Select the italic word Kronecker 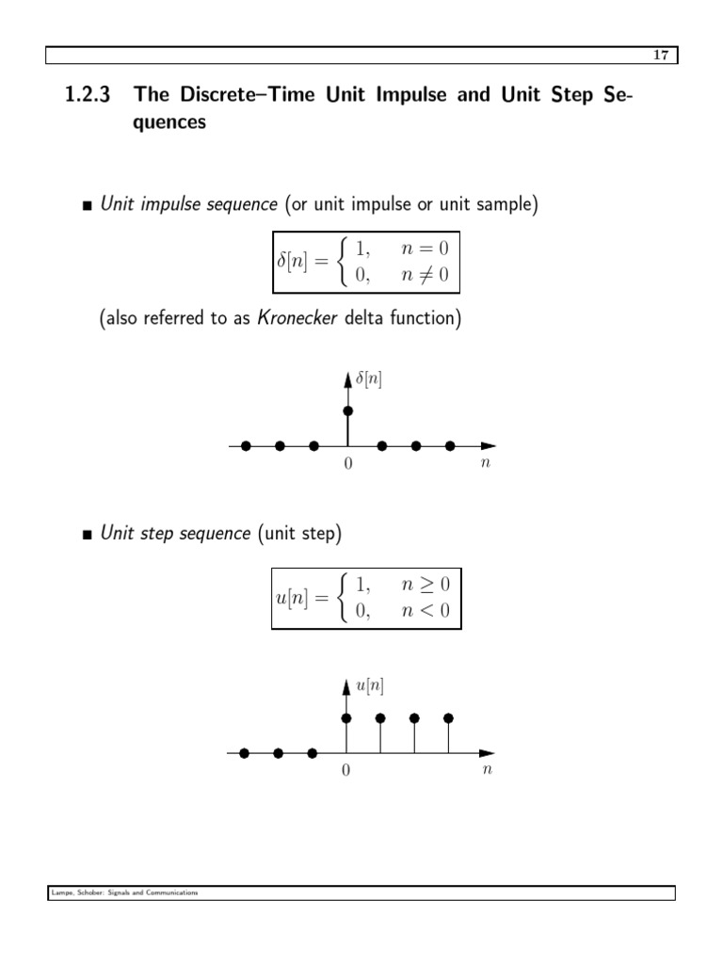point(295,319)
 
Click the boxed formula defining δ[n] point(367,262)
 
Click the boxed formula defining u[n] point(367,599)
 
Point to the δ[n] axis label point(368,380)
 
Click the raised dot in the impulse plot point(348,411)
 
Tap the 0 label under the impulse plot point(347,464)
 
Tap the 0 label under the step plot point(345,771)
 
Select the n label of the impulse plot point(485,463)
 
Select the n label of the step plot point(486,770)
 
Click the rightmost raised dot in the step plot point(448,718)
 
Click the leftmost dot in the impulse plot point(246,446)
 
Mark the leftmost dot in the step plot point(245,753)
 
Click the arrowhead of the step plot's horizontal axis point(487,753)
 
